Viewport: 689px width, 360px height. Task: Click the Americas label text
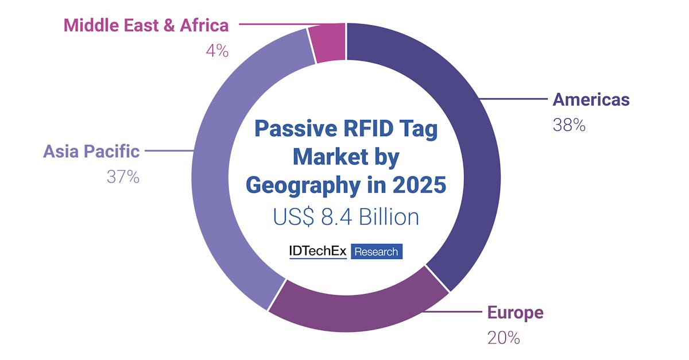point(591,100)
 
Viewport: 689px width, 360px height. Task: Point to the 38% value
point(569,125)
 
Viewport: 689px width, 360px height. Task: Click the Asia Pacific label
point(91,152)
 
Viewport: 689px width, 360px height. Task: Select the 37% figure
point(123,177)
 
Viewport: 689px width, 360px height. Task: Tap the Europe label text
point(515,313)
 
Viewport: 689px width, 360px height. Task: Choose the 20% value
point(504,338)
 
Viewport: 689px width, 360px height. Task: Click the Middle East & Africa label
point(146,25)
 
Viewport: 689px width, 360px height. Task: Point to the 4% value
point(217,51)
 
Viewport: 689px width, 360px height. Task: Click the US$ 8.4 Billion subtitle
point(346,218)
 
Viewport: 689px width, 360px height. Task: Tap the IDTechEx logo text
point(318,251)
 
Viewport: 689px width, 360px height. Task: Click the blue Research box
point(377,251)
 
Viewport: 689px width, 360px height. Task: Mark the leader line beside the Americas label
point(514,100)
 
